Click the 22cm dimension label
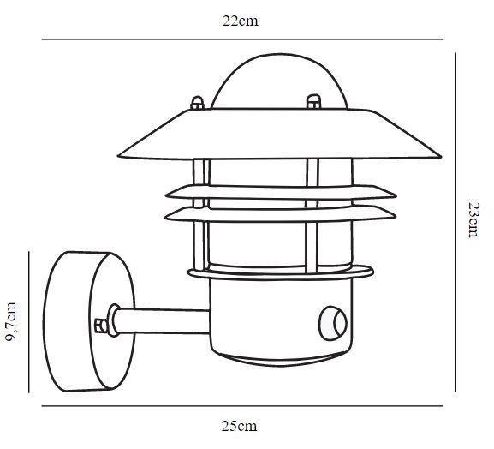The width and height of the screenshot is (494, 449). (x=241, y=21)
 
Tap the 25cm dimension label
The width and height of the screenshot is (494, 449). (x=239, y=427)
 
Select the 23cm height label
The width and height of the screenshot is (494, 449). (x=473, y=219)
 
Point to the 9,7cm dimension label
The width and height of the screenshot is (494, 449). (x=11, y=321)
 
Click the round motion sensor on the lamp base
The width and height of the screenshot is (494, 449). (x=333, y=324)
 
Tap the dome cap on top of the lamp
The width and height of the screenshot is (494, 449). (x=280, y=82)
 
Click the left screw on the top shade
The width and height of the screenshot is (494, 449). (x=198, y=103)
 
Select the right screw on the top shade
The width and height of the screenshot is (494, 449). (x=313, y=101)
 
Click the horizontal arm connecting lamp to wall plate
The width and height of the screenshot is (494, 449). (x=161, y=321)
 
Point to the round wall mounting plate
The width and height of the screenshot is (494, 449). (x=89, y=321)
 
